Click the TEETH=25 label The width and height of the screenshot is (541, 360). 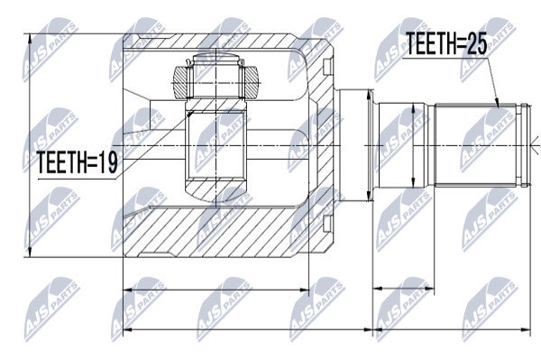[x=446, y=43]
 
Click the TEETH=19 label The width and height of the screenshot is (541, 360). [x=78, y=162]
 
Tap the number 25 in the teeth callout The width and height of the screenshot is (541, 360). [x=476, y=43]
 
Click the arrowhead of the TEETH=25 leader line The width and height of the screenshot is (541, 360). [x=497, y=102]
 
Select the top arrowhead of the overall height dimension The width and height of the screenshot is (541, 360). [x=30, y=39]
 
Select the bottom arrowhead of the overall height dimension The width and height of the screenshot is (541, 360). [x=30, y=253]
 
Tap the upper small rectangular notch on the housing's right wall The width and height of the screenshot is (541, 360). [x=327, y=66]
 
